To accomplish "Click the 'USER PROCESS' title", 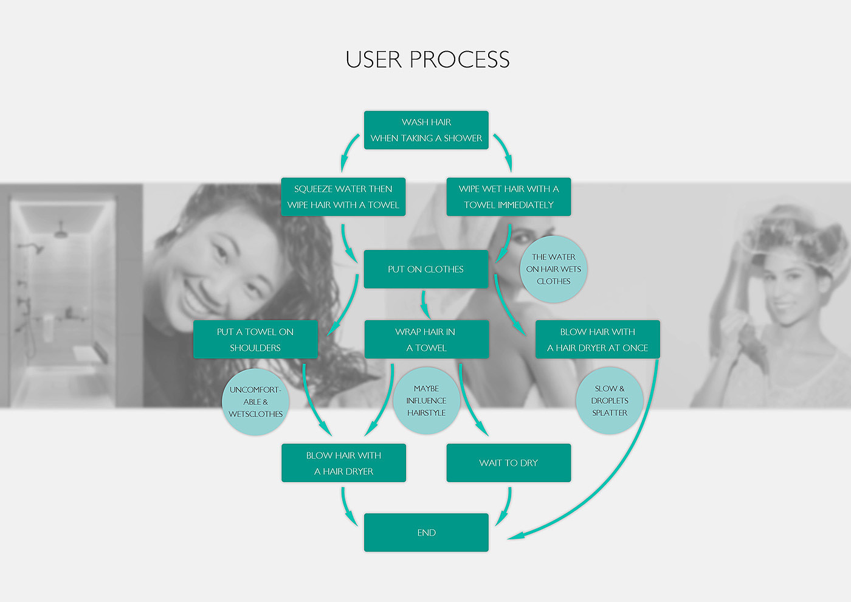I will (x=427, y=60).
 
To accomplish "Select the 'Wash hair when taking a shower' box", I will (x=426, y=130).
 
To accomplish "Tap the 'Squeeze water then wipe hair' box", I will (x=343, y=197).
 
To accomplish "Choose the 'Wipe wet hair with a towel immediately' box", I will (x=509, y=197).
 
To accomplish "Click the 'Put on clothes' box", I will (x=426, y=269).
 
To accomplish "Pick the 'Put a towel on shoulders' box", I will (x=255, y=339).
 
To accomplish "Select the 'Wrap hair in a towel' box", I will (x=426, y=339).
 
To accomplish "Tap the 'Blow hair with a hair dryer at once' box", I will (x=598, y=339).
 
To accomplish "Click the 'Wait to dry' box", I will (x=509, y=463).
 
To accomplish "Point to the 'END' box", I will (x=426, y=533).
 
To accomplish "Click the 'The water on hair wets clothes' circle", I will (x=553, y=269).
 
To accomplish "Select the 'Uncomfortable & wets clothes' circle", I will (x=255, y=402).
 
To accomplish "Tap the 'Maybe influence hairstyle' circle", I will (x=426, y=401).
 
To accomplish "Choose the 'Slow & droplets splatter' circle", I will (x=609, y=401).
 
